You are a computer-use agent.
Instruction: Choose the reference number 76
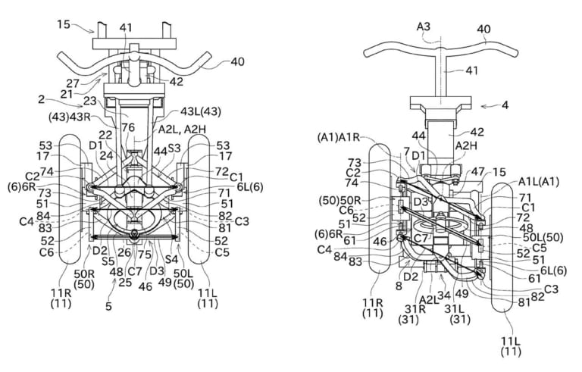tap(129, 128)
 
